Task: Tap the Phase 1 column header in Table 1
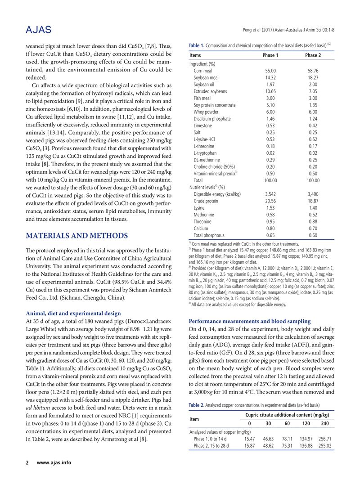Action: [x=270, y=55]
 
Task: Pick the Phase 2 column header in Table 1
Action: [x=313, y=55]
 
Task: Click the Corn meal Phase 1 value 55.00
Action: [x=270, y=71]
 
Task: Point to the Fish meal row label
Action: [x=202, y=98]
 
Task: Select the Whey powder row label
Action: [x=206, y=112]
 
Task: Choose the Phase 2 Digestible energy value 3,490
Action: [x=313, y=194]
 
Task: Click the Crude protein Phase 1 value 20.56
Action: [x=270, y=201]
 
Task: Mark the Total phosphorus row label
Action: [x=209, y=235]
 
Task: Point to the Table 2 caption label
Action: [x=196, y=404]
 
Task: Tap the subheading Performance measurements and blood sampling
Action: [x=249, y=309]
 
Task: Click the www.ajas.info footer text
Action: [x=54, y=462]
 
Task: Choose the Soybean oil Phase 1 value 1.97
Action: [x=270, y=85]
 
